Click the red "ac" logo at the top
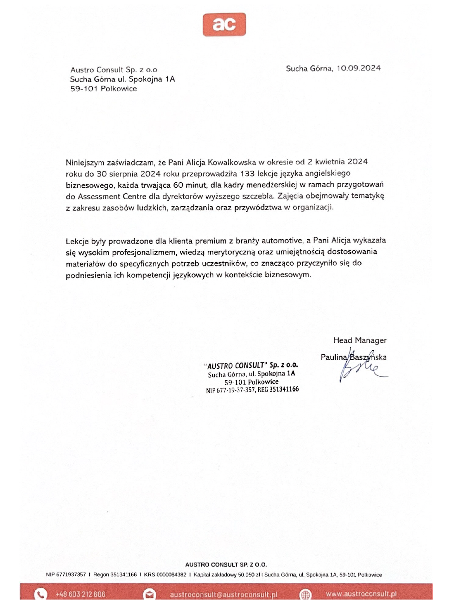tap(224, 24)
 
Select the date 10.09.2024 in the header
tap(358, 68)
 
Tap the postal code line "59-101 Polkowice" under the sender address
tap(103, 89)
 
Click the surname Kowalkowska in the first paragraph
tap(232, 162)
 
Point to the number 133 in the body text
tap(247, 173)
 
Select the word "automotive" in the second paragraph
tap(282, 240)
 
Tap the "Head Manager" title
tap(360, 340)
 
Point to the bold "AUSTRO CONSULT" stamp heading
tap(236, 365)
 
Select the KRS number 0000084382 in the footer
tap(171, 575)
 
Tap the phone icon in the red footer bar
tap(40, 594)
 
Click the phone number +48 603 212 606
tap(80, 594)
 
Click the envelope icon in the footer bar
tap(149, 594)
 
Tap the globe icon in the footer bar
tap(305, 594)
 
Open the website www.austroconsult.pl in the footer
tap(361, 594)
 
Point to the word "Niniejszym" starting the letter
tap(85, 163)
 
